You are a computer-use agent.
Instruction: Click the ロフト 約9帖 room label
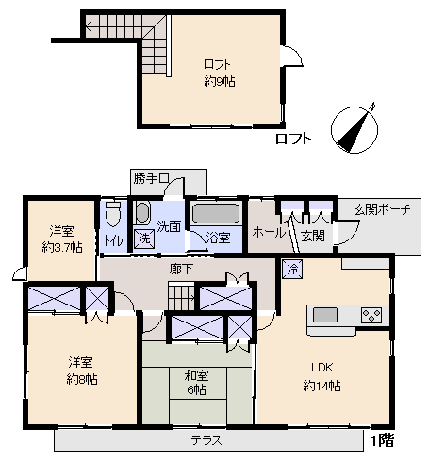tap(220, 73)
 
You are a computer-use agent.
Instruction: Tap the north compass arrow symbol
tap(352, 130)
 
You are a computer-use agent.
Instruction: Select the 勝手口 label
tap(151, 178)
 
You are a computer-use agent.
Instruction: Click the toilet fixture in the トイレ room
tap(113, 215)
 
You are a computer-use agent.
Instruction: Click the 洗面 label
tap(170, 226)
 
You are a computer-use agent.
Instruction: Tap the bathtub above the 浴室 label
tap(217, 214)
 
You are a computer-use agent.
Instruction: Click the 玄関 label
tap(313, 235)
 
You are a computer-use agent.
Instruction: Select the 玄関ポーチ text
tap(381, 209)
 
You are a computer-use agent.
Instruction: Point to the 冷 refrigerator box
tap(292, 270)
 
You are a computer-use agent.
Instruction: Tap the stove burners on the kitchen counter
tap(370, 315)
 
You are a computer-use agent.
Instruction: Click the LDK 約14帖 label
tap(322, 376)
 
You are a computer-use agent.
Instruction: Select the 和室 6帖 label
tap(196, 382)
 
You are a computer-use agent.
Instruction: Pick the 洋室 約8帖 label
tap(81, 371)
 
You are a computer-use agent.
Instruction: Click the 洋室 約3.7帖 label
tap(60, 239)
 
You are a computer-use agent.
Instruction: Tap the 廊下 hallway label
tap(181, 270)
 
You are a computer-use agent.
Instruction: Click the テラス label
tap(206, 440)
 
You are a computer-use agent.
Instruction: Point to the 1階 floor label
tap(382, 440)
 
